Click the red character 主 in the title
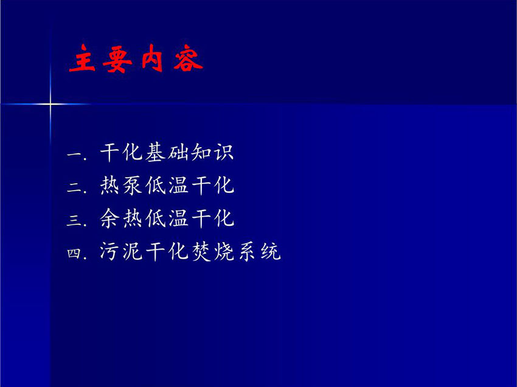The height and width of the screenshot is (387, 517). coord(82,58)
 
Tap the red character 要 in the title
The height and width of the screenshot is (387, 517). coord(117,59)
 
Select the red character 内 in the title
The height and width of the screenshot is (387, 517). coord(152,58)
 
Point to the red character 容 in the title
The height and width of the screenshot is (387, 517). coord(188,58)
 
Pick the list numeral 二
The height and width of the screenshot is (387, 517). coord(75,187)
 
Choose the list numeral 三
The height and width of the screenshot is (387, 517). coord(74,220)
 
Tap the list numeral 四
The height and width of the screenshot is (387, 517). coord(74,253)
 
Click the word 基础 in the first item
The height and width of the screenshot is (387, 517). coord(167,152)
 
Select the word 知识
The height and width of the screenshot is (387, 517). coord(212,152)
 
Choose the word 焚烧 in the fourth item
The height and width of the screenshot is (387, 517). coord(212,251)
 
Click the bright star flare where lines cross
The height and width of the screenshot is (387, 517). coord(50,104)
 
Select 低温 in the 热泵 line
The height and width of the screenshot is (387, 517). coord(167,185)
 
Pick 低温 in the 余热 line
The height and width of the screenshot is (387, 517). coord(167,218)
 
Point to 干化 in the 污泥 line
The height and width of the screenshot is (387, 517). coord(167,251)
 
